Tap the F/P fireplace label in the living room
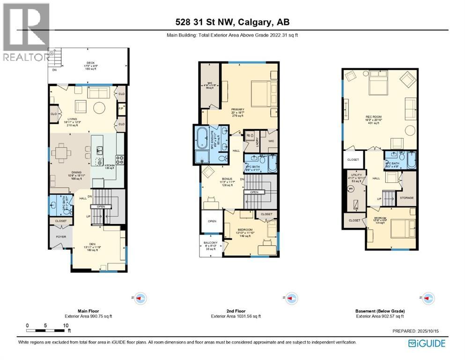[120, 109]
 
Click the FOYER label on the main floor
[61, 237]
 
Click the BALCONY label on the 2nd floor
[210, 243]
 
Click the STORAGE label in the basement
[406, 198]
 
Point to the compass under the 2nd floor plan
[288, 297]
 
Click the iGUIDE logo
[427, 343]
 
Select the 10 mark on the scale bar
[66, 325]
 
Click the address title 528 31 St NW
[232, 22]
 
